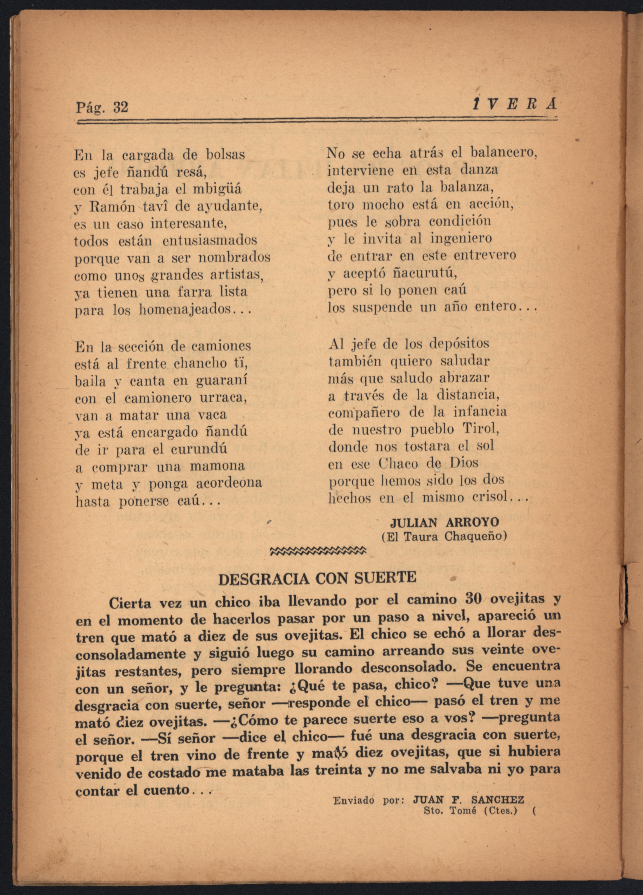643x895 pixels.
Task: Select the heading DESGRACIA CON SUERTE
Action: (317, 578)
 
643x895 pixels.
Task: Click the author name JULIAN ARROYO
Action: (445, 522)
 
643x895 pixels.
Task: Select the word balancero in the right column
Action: (504, 153)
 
